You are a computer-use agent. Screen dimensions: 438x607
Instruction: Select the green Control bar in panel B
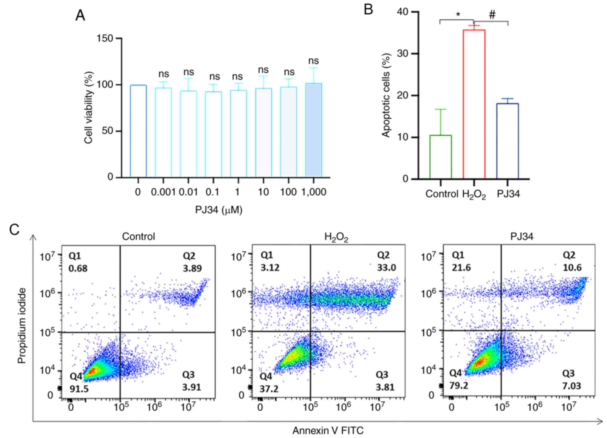pos(441,157)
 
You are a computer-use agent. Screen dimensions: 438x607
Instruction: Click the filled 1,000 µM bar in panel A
pos(313,130)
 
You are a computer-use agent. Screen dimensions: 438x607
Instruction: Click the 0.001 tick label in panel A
pos(163,192)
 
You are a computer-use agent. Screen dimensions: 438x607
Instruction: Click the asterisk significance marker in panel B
pos(458,15)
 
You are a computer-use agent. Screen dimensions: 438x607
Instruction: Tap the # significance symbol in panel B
pos(492,15)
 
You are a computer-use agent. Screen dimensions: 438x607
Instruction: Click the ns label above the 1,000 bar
pos(313,61)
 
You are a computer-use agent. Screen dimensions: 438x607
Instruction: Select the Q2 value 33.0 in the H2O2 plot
pos(387,267)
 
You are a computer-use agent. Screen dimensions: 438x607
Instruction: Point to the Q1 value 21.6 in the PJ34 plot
pos(461,267)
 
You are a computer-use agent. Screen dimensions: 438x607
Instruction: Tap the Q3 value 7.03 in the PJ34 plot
pos(571,386)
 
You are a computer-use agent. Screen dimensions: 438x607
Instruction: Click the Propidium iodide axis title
pos(22,326)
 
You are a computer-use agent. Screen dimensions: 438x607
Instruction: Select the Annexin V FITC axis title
pos(328,431)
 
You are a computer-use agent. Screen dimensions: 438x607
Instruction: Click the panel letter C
pos(14,230)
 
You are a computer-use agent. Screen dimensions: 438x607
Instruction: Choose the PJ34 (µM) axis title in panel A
pos(218,210)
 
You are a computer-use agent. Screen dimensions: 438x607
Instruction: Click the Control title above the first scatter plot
pos(138,236)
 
